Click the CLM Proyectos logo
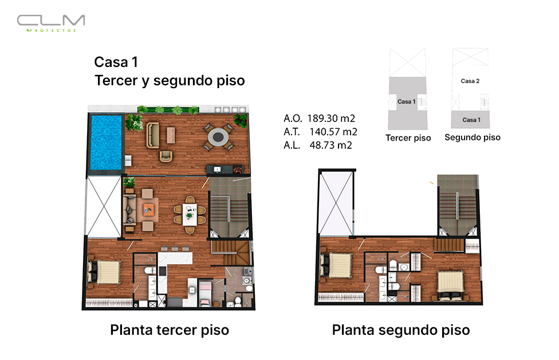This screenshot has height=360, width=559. [x=51, y=23]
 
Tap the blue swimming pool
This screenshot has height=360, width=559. [x=106, y=143]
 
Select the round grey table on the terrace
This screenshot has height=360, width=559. [x=218, y=136]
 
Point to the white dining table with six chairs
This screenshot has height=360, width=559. [x=190, y=215]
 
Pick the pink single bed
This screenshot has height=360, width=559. [x=205, y=292]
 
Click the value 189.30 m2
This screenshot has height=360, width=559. [x=331, y=118]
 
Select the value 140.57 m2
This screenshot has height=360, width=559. [x=333, y=132]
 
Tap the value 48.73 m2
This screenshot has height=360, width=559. [x=331, y=145]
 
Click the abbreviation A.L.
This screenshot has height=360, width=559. [x=292, y=145]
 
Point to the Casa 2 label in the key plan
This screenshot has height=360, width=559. [x=470, y=81]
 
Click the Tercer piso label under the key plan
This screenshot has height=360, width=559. [x=408, y=138]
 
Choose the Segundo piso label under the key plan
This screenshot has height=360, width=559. [x=473, y=137]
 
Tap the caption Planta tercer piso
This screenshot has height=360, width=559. [x=170, y=330]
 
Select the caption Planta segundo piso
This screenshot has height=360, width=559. [x=401, y=330]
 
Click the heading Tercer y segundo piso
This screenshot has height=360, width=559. [x=170, y=81]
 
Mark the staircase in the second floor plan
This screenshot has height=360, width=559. [x=458, y=205]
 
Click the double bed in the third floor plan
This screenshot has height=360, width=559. [x=104, y=272]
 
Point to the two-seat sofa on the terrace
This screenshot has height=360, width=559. [x=152, y=135]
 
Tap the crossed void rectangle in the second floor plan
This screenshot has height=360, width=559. [x=336, y=204]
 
